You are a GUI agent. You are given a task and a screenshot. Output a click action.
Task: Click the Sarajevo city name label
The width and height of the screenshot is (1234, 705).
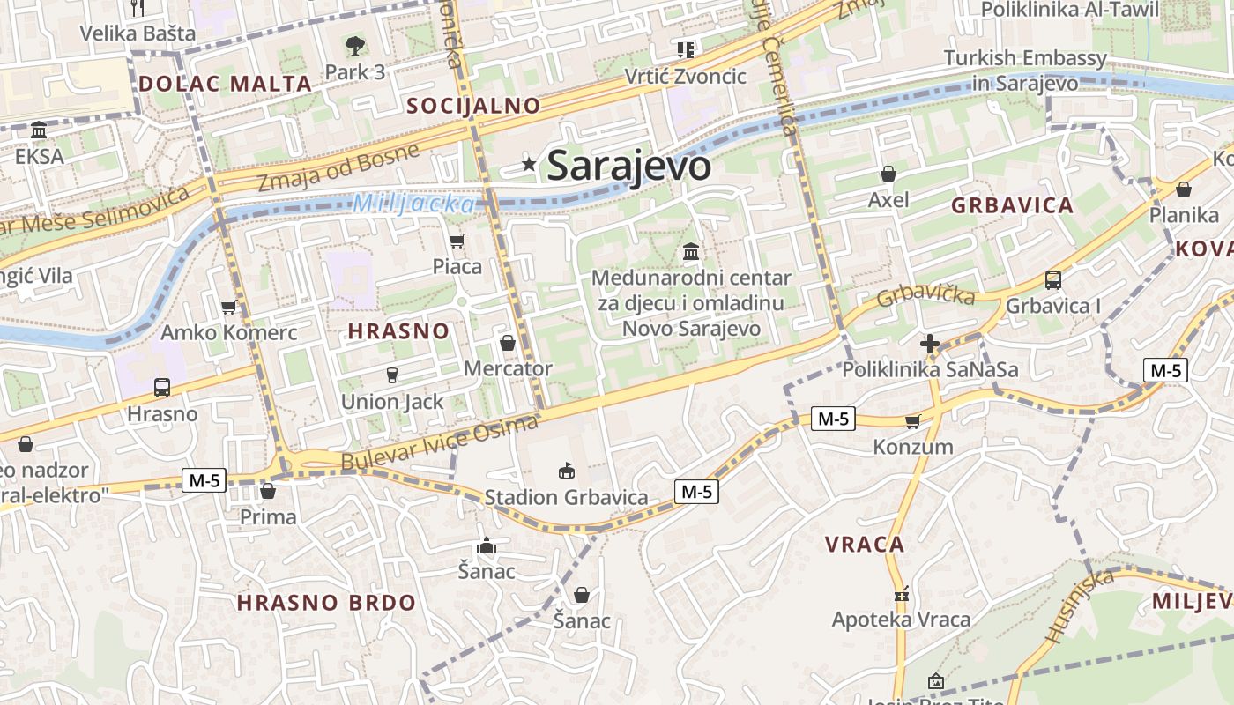click(x=628, y=166)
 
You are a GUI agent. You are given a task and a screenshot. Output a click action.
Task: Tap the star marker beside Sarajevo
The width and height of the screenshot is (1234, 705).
click(x=529, y=164)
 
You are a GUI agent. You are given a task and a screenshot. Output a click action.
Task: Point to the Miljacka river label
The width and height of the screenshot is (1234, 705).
click(x=413, y=204)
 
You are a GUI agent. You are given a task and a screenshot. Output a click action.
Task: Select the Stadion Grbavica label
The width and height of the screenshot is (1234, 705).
click(x=566, y=497)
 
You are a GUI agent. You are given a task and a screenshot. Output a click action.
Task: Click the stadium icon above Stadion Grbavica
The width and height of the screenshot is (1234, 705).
click(x=567, y=471)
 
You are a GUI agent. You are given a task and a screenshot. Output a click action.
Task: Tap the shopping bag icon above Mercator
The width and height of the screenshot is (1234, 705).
click(x=508, y=343)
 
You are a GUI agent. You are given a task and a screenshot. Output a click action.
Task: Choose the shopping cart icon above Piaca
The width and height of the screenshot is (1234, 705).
click(x=457, y=241)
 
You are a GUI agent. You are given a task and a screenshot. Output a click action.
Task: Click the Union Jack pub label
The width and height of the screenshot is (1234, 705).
click(x=392, y=402)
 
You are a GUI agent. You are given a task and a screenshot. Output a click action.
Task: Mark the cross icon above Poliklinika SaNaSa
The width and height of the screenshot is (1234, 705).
click(x=929, y=344)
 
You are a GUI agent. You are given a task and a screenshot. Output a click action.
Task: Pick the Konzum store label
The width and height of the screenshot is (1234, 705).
click(x=912, y=447)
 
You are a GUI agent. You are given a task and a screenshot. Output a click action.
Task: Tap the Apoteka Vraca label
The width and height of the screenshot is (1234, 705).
click(x=901, y=620)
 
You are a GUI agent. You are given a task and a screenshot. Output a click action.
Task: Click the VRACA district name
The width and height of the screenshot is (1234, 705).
click(x=865, y=545)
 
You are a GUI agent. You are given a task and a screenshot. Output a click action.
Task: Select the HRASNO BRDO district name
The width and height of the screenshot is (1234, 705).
click(x=326, y=604)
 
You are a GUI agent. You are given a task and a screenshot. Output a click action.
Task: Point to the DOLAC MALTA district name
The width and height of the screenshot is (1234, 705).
click(x=226, y=85)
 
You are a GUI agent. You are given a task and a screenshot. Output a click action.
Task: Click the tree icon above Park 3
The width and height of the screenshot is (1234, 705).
click(x=354, y=45)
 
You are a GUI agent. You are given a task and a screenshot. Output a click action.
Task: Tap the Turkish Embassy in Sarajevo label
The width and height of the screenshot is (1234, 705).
click(x=1025, y=70)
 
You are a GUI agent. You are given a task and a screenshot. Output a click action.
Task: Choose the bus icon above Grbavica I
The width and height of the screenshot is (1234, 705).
click(x=1053, y=280)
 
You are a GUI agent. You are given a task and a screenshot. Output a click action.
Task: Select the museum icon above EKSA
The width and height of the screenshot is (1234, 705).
click(x=39, y=130)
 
